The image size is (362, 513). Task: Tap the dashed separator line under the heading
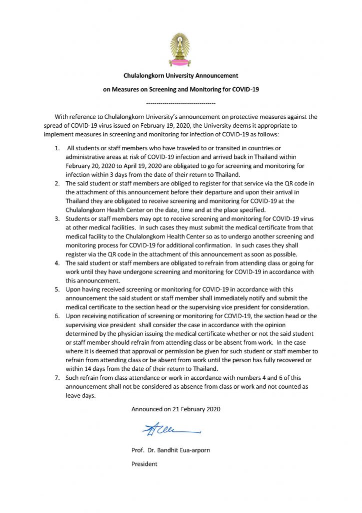(x=180, y=103)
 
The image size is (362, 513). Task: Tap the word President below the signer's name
(x=144, y=464)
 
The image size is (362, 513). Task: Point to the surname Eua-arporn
(x=197, y=450)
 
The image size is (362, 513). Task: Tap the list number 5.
(x=57, y=290)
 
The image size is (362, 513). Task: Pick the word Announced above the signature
(x=147, y=409)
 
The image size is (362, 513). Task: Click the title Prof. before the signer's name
(x=138, y=450)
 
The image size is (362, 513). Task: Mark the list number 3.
(x=57, y=219)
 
